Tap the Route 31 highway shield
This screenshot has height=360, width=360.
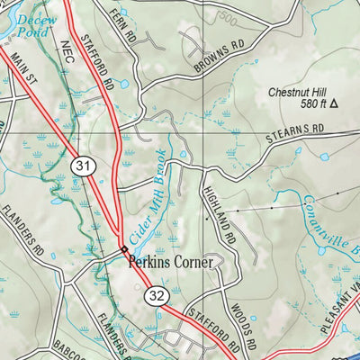click(x=82, y=166)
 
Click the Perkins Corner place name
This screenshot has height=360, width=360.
click(x=171, y=263)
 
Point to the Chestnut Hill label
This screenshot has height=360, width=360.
click(x=301, y=92)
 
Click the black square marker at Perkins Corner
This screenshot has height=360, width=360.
click(x=123, y=249)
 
